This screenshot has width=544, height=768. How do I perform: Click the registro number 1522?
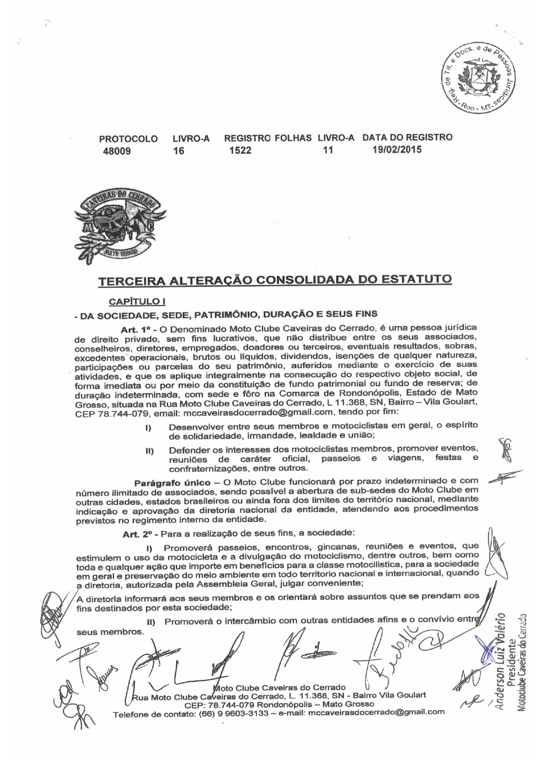click(x=240, y=151)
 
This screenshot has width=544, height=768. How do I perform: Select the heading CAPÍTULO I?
click(x=137, y=302)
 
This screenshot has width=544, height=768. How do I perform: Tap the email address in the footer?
click(x=377, y=712)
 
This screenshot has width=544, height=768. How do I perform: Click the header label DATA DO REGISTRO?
click(x=407, y=137)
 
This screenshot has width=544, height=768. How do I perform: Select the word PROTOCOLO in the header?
click(x=128, y=139)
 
